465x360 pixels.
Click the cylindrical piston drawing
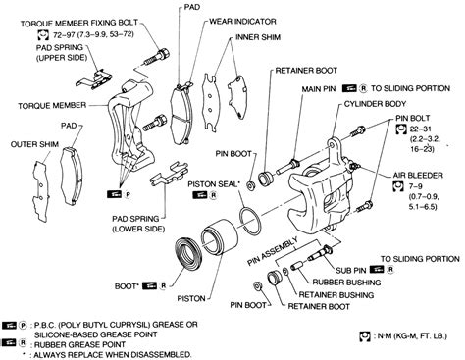tap(225, 251)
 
